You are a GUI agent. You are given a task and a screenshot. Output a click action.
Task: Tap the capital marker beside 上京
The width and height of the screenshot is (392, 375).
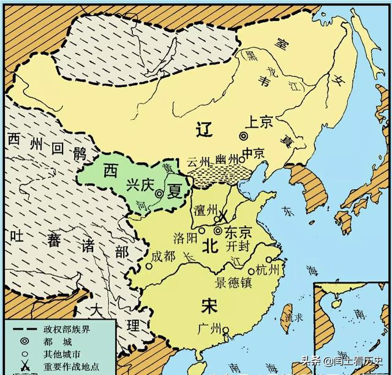(244, 136)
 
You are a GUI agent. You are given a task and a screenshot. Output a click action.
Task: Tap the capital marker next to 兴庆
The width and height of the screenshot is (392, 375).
(159, 193)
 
